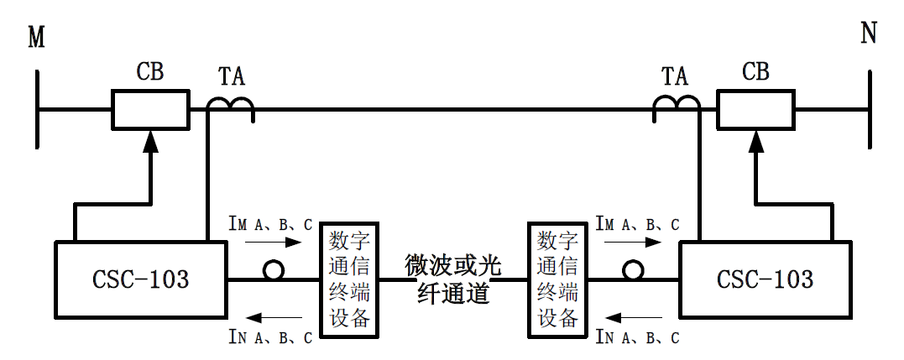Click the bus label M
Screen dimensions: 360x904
[x=36, y=38]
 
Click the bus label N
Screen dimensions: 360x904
[x=869, y=34]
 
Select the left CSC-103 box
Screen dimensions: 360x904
[x=141, y=279]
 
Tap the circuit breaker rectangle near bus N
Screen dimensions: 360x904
[x=755, y=109]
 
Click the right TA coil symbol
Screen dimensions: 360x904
[x=677, y=105]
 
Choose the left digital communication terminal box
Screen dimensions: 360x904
[x=348, y=279]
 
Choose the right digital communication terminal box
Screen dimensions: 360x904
[x=557, y=279]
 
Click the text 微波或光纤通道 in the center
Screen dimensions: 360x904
[x=453, y=279]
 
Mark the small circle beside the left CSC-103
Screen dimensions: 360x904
[x=273, y=270]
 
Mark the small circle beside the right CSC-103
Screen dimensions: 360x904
[x=633, y=270]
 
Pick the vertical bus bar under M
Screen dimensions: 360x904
[x=38, y=109]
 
